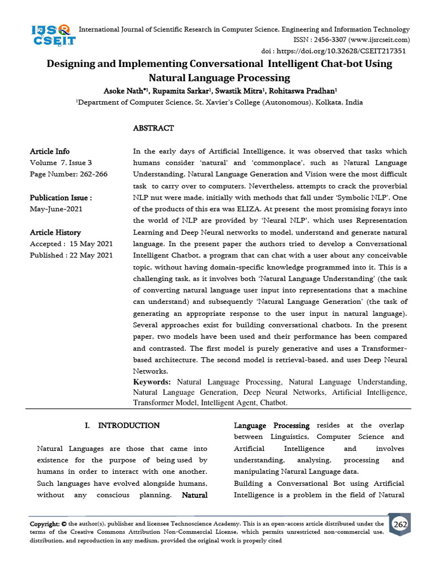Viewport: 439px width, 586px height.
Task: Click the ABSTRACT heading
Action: coord(153,128)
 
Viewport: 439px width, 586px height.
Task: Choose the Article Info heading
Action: coord(50,151)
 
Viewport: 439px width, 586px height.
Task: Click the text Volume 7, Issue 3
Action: coord(61,163)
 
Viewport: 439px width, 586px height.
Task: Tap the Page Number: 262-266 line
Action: coord(69,174)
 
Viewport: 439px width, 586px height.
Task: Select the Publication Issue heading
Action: coord(61,198)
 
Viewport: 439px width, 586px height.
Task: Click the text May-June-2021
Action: coord(56,209)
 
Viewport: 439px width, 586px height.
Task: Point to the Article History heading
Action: coord(55,232)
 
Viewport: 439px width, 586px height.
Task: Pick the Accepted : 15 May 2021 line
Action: coord(71,244)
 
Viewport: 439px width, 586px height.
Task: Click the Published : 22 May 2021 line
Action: coord(71,255)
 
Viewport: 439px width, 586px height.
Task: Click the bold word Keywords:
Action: coord(151,382)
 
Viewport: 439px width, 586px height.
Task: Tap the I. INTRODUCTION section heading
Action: coord(122,426)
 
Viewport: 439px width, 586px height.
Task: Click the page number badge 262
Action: coord(400,525)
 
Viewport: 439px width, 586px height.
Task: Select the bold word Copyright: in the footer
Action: coord(44,524)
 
